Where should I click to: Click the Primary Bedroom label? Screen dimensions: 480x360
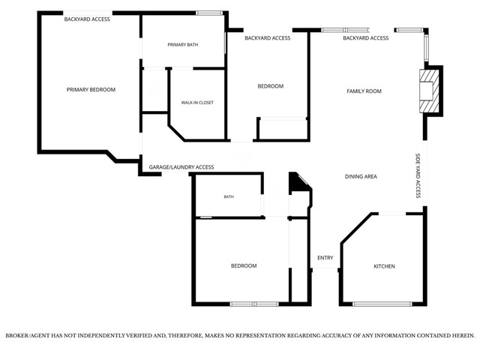click(91, 90)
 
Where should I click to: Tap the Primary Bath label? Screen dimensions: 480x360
click(183, 45)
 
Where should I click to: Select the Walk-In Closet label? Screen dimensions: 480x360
click(197, 103)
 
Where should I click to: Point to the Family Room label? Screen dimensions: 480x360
click(364, 91)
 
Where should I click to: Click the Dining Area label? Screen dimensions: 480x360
click(361, 177)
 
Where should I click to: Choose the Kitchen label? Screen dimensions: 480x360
click(384, 266)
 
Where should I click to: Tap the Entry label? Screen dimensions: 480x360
click(325, 258)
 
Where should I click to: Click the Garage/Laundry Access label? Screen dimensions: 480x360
click(181, 167)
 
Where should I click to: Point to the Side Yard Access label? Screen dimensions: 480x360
click(418, 175)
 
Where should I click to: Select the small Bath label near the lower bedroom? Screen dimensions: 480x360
click(229, 196)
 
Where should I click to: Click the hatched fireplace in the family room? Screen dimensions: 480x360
click(429, 91)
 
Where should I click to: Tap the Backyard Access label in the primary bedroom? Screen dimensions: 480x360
click(87, 19)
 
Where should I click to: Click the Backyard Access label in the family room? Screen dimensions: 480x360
click(366, 38)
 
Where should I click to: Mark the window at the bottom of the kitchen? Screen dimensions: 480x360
click(382, 304)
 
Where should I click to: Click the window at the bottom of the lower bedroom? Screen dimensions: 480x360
click(254, 304)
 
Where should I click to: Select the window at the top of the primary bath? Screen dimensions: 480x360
click(209, 13)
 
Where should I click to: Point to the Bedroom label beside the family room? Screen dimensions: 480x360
click(271, 86)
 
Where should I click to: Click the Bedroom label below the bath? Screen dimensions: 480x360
click(244, 265)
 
